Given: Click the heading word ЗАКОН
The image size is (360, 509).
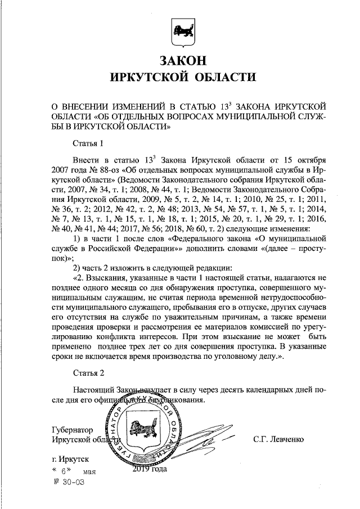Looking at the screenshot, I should click(179, 60).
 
